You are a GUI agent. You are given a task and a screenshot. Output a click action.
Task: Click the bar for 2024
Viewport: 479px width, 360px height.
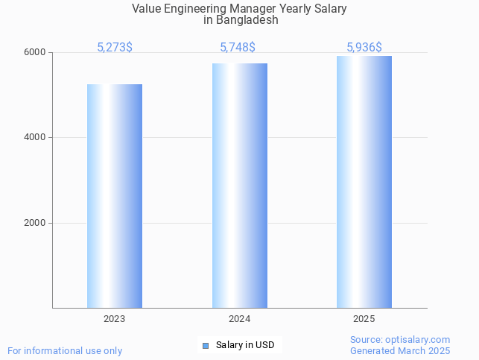coord(239,186)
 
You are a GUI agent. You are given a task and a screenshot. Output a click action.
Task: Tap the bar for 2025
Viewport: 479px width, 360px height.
coord(364,182)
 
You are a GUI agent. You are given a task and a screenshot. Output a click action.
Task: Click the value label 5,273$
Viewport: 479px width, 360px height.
coord(115,47)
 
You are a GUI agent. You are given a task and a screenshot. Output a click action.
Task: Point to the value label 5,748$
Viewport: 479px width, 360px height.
coord(238,47)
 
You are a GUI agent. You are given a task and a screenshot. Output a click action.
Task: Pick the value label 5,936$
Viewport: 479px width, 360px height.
coord(364,47)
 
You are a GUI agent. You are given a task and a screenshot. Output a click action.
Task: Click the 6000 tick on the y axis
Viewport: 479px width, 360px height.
coord(37,52)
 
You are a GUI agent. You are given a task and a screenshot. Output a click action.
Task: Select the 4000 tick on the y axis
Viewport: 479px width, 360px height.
coord(37,137)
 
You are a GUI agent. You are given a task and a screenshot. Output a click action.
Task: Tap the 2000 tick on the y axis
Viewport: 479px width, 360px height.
coord(37,223)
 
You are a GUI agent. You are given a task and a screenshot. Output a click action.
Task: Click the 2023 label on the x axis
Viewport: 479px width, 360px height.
coord(115,318)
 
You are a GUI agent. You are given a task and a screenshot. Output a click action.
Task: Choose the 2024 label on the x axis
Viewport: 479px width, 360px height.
coord(239,318)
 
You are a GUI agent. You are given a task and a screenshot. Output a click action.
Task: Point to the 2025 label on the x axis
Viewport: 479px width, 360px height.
coord(364,318)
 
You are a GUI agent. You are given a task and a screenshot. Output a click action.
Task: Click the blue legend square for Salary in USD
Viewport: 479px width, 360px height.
coord(206,345)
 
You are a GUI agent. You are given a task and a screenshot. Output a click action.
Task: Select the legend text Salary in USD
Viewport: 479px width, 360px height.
coord(245,345)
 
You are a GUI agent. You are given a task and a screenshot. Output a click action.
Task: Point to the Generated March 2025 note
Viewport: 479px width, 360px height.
coord(400,350)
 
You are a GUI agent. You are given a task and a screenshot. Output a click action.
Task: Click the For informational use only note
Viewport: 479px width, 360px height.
coord(65,350)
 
